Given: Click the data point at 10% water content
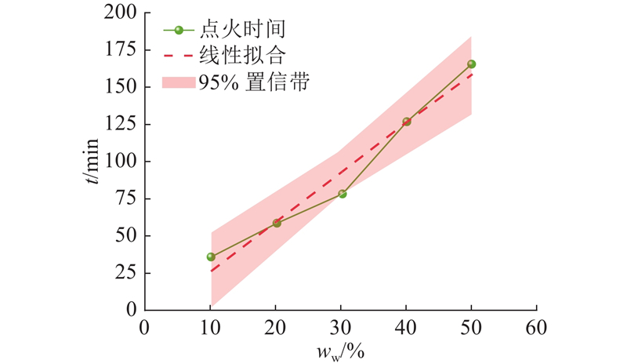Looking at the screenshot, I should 211,257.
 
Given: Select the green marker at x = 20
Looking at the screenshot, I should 277,223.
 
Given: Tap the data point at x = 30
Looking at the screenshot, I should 342,194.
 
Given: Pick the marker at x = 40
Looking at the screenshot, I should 407,122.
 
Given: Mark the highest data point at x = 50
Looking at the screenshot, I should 471,64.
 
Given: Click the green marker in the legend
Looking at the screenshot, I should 179,31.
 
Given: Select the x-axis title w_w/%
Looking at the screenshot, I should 341,351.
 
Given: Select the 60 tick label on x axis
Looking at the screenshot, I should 536,327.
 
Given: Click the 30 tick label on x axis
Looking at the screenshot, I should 341,327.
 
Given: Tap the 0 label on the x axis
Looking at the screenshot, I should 144,327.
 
